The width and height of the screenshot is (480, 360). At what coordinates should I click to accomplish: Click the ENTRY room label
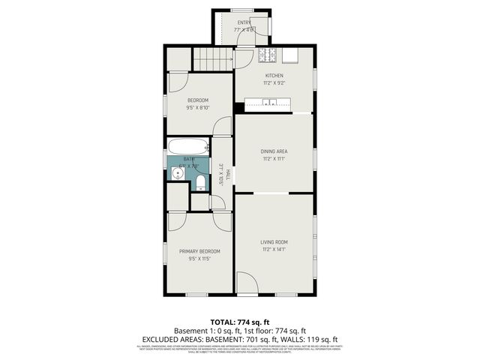click(x=244, y=22)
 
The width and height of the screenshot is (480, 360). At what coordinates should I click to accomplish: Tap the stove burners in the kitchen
click(x=268, y=55)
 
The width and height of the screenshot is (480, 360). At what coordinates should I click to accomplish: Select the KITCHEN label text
click(x=274, y=76)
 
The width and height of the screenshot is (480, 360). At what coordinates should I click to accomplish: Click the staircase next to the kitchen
click(x=213, y=58)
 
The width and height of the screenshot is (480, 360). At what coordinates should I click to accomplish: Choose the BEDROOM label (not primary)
click(x=198, y=100)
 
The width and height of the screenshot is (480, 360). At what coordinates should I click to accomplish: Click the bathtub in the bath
click(x=188, y=147)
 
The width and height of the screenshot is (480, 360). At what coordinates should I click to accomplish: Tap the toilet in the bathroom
click(x=201, y=182)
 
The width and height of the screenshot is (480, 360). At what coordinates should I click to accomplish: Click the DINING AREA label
click(x=274, y=151)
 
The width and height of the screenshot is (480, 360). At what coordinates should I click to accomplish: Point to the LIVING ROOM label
click(x=274, y=241)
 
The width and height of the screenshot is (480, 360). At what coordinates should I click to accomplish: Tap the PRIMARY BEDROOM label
click(x=199, y=251)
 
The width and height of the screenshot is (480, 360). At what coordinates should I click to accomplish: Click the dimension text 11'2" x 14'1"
click(x=274, y=249)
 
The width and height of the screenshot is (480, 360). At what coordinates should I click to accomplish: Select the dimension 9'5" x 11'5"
click(x=199, y=259)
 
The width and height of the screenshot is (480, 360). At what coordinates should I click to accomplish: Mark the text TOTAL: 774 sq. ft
click(x=240, y=321)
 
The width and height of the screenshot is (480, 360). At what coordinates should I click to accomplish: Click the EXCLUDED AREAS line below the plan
click(x=240, y=339)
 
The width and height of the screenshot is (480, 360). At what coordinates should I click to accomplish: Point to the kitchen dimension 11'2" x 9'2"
click(x=274, y=83)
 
